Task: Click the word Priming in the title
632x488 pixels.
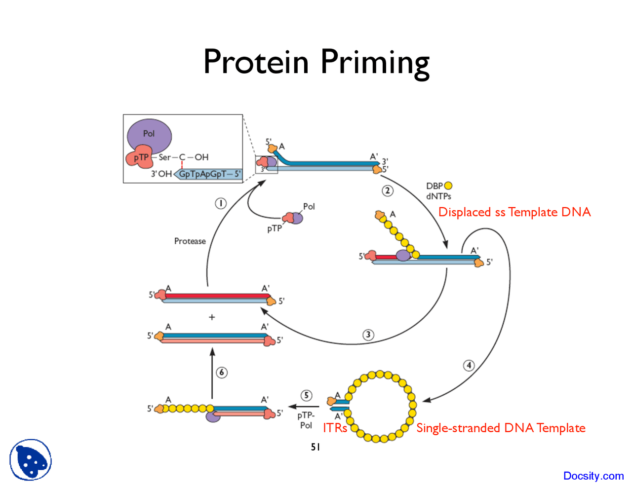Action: pos(375,63)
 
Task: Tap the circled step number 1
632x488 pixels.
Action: pos(221,203)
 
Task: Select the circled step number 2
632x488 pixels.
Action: pos(388,190)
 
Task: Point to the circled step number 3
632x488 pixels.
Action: pos(368,335)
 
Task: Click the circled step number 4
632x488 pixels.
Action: pos(469,366)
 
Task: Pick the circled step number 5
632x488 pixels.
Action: pos(307,395)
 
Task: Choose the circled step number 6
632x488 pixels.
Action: pos(222,373)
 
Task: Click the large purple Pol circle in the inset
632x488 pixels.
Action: pos(149,135)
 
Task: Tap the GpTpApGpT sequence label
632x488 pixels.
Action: pos(209,174)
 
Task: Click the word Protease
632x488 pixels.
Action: pos(190,241)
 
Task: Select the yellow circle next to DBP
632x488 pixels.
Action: pos(448,186)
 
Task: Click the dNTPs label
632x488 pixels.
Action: pos(438,196)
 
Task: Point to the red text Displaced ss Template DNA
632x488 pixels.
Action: pos(514,212)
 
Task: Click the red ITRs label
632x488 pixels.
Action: pos(335,428)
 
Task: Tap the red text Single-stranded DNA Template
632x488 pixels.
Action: pos(501,428)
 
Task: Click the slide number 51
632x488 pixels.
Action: pos(316,447)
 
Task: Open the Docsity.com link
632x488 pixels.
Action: pos(593,476)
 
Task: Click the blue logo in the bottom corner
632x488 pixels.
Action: pos(31,460)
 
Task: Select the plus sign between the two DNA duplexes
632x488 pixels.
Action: pos(212,317)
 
